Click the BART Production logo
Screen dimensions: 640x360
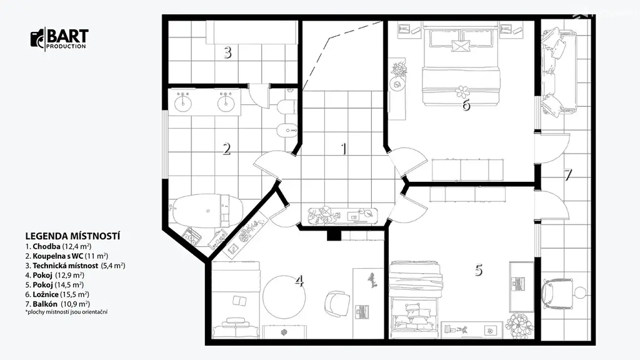pos(59,39)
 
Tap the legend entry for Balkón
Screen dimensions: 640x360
pos(57,304)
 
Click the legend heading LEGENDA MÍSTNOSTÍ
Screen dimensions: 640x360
pos(72,236)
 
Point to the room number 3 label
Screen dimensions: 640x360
pos(227,52)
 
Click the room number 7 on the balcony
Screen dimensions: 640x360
pos(567,175)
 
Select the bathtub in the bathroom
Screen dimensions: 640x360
pos(208,211)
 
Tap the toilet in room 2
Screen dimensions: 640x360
pos(285,107)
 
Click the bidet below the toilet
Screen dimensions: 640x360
pos(287,131)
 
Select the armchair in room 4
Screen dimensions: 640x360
pos(337,303)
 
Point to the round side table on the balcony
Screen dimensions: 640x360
pos(580,292)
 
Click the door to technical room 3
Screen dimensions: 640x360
pos(259,96)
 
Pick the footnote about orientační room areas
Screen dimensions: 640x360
pos(66,312)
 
